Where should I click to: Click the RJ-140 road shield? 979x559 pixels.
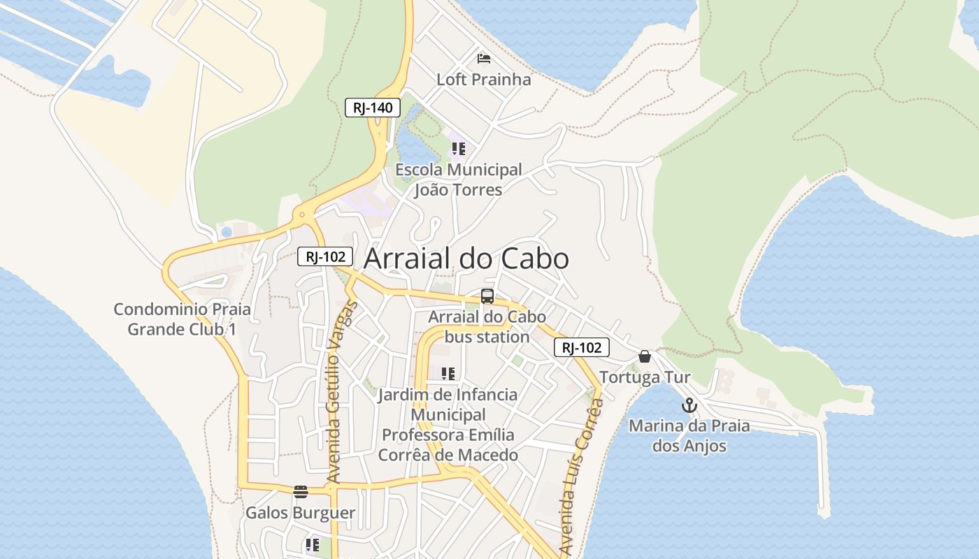tap(373, 108)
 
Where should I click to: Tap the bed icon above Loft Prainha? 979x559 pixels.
tap(483, 58)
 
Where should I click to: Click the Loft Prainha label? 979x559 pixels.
tap(483, 80)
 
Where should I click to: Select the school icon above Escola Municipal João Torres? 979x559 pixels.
tap(458, 148)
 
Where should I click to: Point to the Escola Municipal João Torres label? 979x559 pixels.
tap(458, 180)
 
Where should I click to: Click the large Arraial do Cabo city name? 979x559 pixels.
tap(466, 259)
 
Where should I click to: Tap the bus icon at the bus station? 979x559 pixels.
tap(487, 296)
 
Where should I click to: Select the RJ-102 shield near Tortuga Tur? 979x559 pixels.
tap(582, 347)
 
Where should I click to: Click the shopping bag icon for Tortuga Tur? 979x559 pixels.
tap(644, 357)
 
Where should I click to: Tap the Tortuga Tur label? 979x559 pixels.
tap(644, 377)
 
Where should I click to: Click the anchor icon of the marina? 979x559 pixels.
tap(689, 405)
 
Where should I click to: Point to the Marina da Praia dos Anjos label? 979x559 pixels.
tap(689, 435)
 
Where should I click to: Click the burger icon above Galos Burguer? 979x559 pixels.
tap(301, 492)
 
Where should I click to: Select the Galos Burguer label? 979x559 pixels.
tap(300, 513)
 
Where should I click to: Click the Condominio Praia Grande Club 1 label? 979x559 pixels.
tap(182, 319)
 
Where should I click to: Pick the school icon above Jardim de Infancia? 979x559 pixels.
tap(448, 374)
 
